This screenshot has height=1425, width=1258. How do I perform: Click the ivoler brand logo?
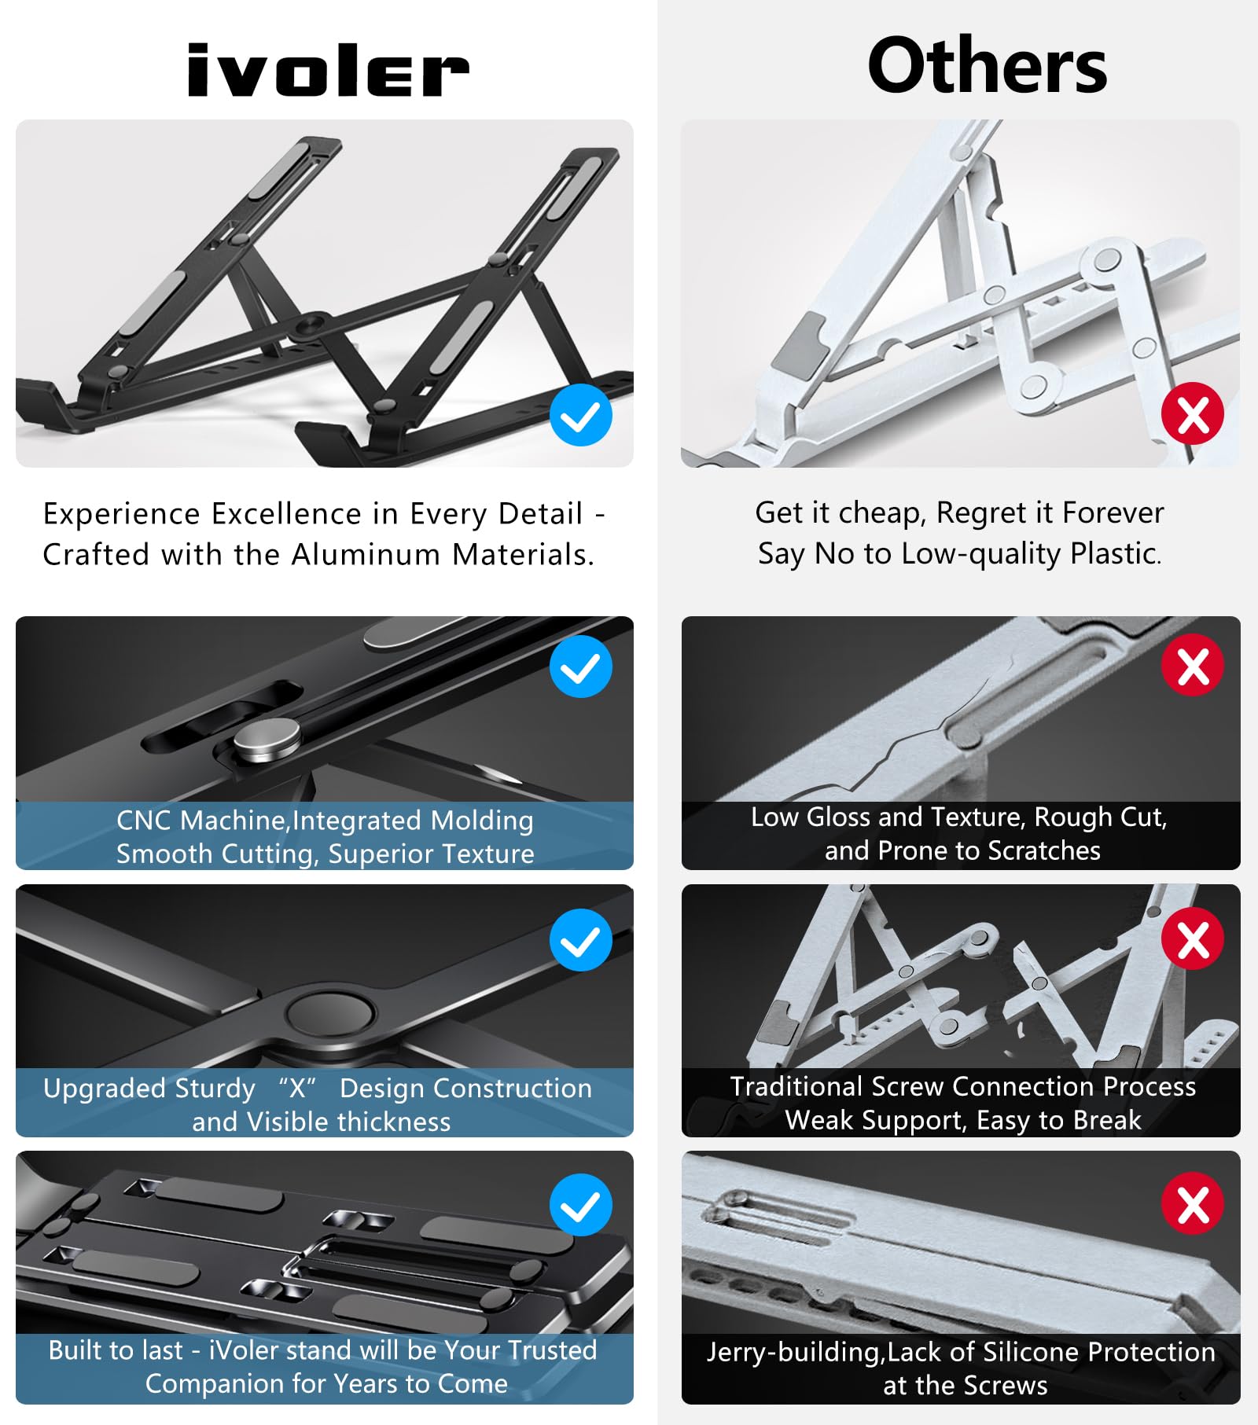[x=327, y=71]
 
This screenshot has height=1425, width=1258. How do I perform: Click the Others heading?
[x=987, y=67]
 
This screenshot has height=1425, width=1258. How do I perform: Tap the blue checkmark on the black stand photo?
[x=581, y=416]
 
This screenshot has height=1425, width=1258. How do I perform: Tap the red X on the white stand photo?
[x=1193, y=413]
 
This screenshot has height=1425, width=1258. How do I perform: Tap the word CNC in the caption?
[x=144, y=821]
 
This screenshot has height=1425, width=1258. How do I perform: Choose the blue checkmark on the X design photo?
[x=581, y=940]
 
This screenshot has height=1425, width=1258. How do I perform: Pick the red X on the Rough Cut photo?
[x=1193, y=666]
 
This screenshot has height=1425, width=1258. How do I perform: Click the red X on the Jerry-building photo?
[x=1193, y=1203]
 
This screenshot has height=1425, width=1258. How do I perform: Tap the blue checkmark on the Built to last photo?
[x=581, y=1205]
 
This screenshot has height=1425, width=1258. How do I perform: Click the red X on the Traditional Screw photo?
[x=1193, y=938]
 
